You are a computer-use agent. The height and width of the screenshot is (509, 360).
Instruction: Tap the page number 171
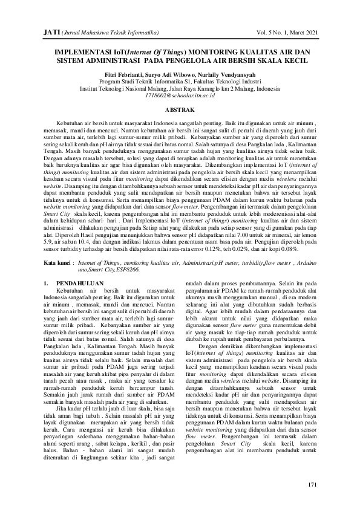tap(312, 485)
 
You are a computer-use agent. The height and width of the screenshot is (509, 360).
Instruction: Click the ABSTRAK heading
tap(180, 109)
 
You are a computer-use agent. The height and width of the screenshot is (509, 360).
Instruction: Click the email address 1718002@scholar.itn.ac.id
tap(180, 96)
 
